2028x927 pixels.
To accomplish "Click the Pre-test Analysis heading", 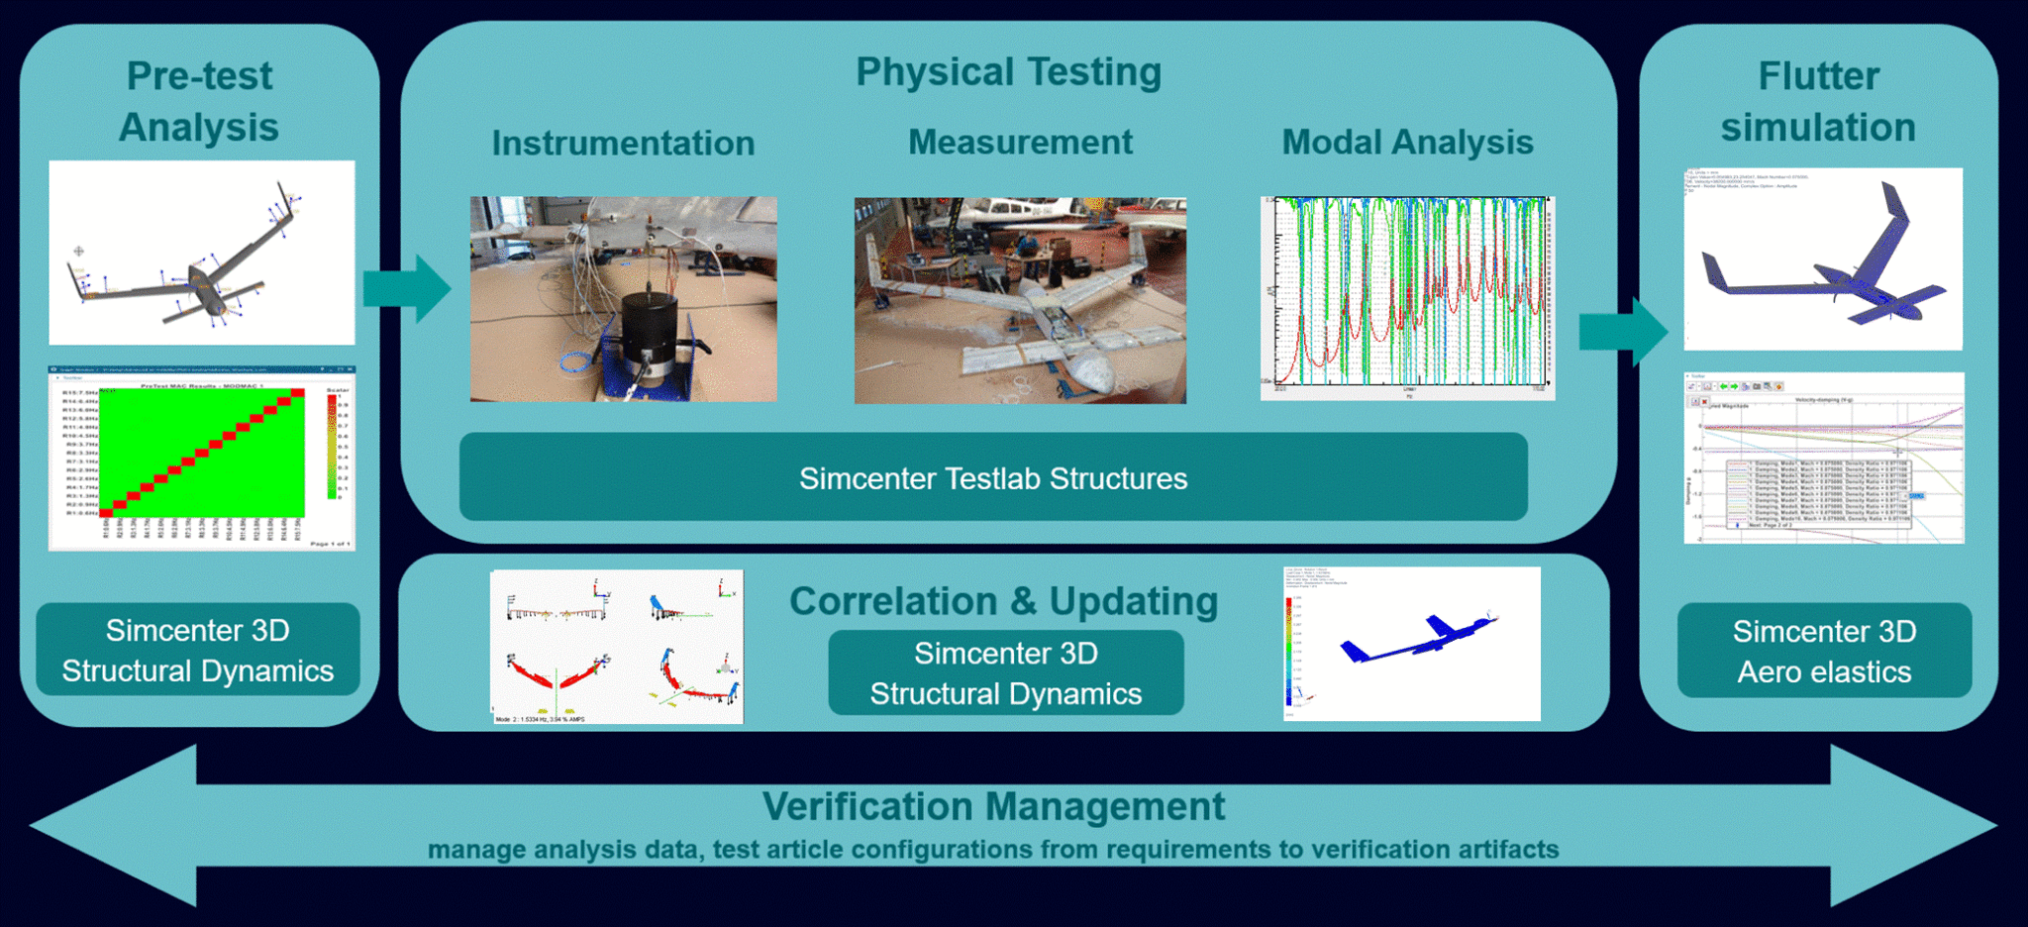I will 199,101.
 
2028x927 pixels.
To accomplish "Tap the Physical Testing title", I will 1008,72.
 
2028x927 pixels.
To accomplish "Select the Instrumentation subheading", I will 623,143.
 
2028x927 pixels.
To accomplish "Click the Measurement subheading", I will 1020,142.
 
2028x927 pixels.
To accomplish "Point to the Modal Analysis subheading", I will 1407,142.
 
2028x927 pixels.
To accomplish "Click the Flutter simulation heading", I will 1818,101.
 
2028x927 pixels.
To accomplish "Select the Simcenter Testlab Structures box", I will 993,477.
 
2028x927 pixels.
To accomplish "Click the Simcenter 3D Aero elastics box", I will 1824,651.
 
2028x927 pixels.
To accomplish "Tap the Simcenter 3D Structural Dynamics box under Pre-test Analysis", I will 198,650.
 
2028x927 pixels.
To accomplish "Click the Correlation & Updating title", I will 1003,601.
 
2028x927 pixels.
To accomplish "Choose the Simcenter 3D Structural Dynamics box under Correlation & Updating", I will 1005,673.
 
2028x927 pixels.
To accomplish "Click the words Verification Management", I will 993,806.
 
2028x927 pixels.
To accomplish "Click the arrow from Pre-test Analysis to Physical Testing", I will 408,288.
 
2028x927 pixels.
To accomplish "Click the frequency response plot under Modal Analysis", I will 1407,297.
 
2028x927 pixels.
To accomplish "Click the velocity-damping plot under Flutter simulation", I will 1823,458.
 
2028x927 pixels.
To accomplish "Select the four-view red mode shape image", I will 617,646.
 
